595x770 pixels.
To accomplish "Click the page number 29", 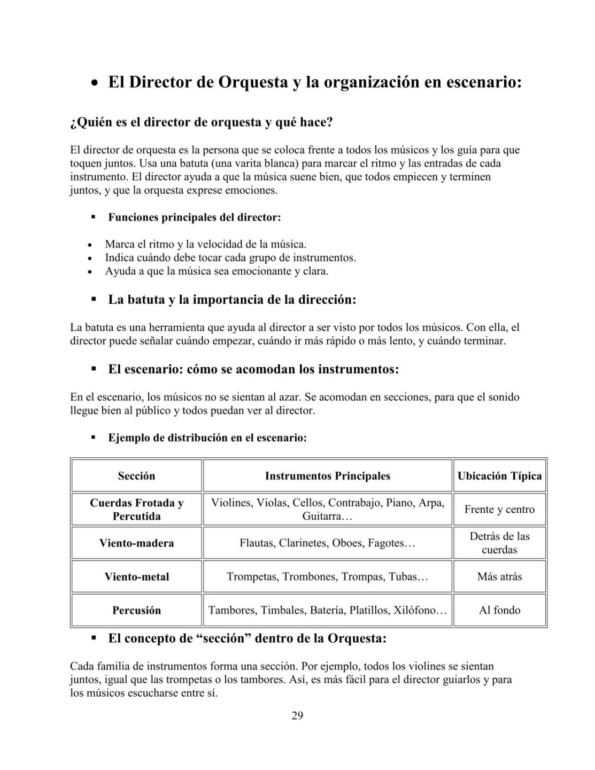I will coord(297,716).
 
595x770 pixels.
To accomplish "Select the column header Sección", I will coord(136,476).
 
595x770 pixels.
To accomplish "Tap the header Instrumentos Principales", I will coord(328,476).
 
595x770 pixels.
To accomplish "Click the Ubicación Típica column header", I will coord(499,476).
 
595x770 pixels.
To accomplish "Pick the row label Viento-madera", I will coord(136,543).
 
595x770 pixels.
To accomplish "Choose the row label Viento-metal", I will coord(136,577).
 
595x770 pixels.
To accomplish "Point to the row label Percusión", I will coord(136,610).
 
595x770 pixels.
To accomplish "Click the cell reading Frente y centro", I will coord(499,509).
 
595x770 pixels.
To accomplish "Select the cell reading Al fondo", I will coord(499,610).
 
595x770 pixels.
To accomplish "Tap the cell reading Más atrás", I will coord(499,577).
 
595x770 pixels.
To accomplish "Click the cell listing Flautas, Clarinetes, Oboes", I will coord(328,543).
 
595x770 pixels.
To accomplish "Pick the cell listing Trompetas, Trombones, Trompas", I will coord(328,577).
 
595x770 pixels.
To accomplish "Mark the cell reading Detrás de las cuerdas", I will coord(499,543).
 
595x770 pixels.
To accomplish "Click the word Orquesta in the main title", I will coord(253,83).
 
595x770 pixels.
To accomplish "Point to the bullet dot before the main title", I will coord(94,84).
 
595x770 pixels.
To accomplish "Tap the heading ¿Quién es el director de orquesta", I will coord(202,122).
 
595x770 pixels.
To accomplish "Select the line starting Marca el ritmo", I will coord(205,244).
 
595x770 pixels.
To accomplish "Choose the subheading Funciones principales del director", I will coord(195,218).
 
